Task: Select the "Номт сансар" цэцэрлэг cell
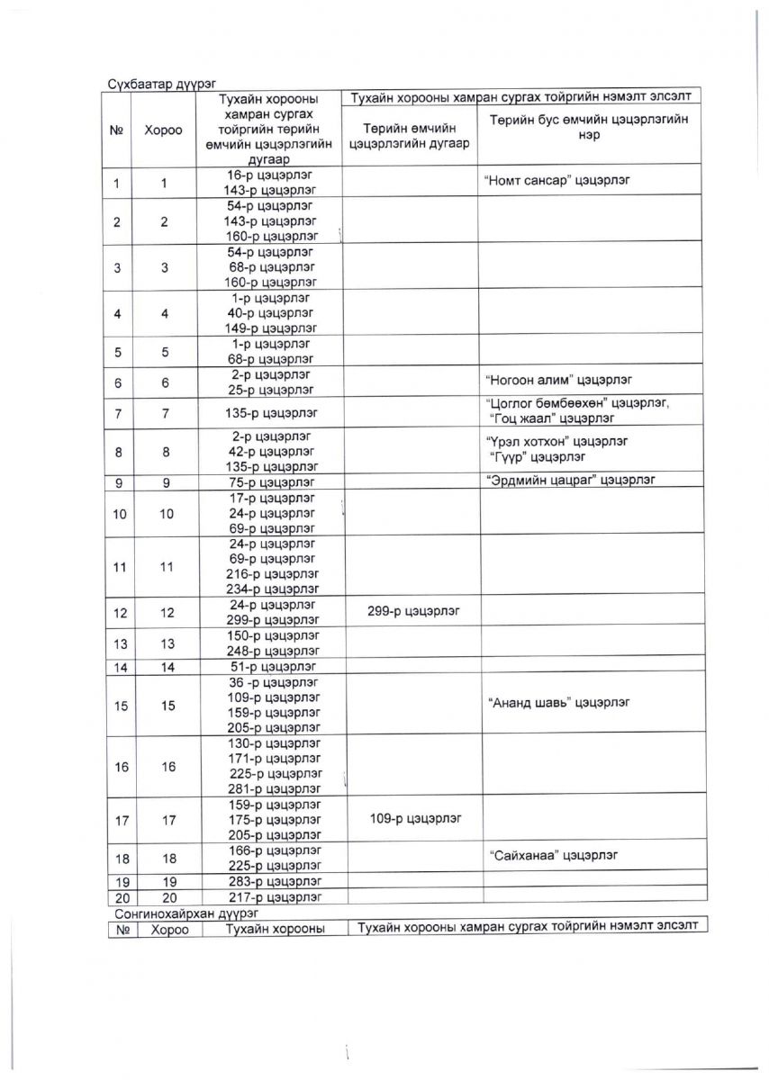pos(557,179)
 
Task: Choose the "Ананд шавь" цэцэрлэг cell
pos(558,702)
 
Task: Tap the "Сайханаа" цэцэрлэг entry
pos(554,854)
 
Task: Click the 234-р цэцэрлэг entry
pos(273,589)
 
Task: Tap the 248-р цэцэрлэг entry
pos(273,651)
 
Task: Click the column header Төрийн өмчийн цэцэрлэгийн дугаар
pos(410,135)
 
